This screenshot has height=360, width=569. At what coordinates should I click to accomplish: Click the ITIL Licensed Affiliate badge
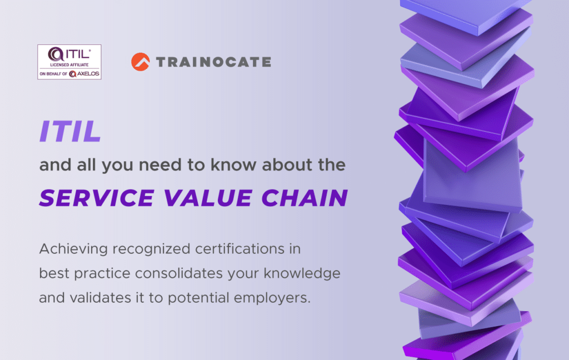click(x=69, y=62)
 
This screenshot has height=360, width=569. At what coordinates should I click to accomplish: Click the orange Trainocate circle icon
click(x=141, y=62)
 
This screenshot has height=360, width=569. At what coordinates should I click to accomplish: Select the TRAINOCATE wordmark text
click(x=213, y=62)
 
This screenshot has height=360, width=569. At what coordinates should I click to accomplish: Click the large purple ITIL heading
click(x=70, y=131)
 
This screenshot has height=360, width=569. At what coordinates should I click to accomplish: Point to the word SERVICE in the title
click(x=90, y=197)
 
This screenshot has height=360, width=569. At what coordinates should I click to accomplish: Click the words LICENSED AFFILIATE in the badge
click(x=69, y=66)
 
